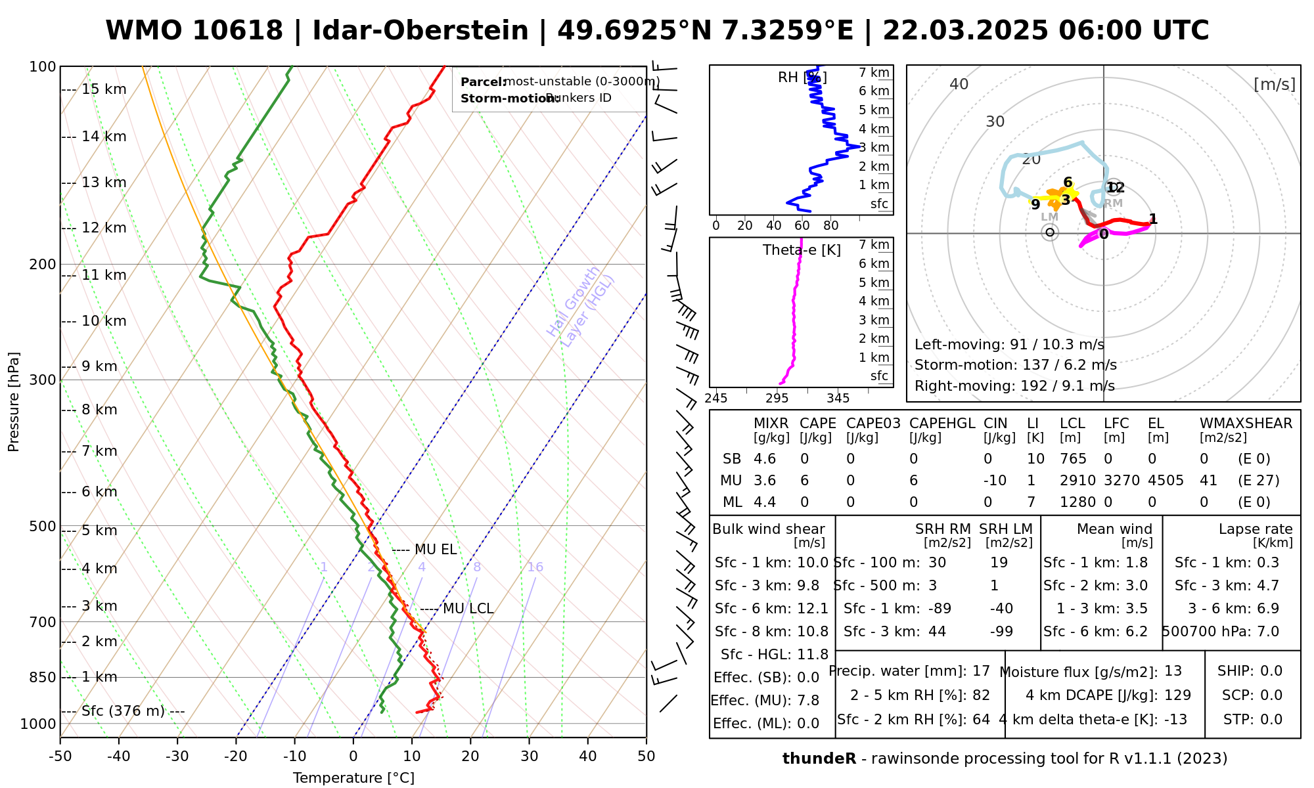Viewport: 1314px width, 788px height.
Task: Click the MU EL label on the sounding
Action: pos(436,550)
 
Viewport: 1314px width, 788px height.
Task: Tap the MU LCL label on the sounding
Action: pos(468,609)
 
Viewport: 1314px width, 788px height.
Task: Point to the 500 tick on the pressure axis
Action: pos(43,526)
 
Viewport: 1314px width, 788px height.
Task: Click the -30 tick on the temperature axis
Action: pos(177,756)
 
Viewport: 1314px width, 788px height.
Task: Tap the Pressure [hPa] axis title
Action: pos(14,402)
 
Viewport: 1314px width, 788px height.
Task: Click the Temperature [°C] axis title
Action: pos(353,778)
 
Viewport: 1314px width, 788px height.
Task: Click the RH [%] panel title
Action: pos(802,77)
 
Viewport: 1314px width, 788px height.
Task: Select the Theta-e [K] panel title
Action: pos(802,250)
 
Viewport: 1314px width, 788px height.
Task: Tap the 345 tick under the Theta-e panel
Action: pos(838,399)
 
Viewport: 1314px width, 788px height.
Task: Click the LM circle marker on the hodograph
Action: pos(1050,232)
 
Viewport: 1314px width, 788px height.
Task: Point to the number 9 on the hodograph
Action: pos(1035,205)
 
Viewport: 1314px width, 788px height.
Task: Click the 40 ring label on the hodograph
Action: pos(959,84)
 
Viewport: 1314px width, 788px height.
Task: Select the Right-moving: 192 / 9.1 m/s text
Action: pos(1014,385)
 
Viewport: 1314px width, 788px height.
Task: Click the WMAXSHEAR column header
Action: pos(1246,424)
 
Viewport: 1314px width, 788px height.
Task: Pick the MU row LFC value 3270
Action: pos(1121,481)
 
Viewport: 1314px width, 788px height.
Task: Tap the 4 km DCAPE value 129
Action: pos(1177,695)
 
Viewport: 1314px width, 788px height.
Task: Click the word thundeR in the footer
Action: pos(819,759)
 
